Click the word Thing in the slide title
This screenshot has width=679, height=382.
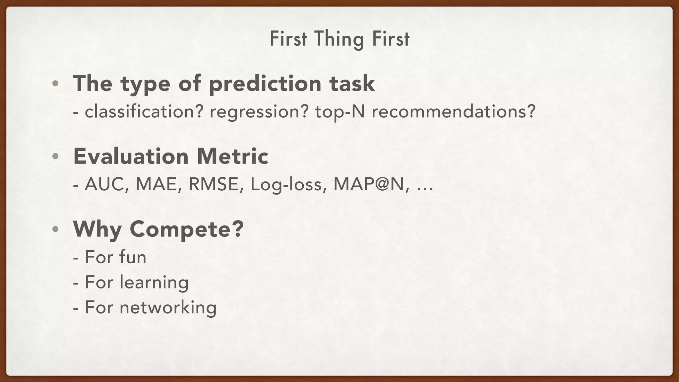click(339, 39)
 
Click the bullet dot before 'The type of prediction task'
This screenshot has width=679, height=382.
click(55, 84)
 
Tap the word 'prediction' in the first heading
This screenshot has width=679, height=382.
click(265, 84)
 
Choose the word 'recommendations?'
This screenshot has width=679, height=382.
click(453, 111)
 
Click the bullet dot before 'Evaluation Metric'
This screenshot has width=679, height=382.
click(55, 156)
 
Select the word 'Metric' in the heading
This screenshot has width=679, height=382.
click(232, 156)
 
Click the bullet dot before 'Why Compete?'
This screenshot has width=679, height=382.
click(55, 229)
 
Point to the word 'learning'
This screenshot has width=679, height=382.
click(154, 283)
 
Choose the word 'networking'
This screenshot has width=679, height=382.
click(168, 307)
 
